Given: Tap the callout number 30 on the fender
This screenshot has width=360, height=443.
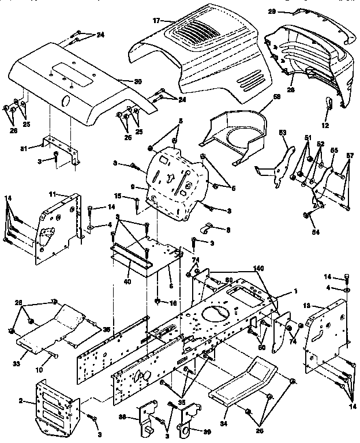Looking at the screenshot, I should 137,81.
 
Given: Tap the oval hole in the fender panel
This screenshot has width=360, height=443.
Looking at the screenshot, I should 64,102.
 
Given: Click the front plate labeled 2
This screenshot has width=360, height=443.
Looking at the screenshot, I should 57,407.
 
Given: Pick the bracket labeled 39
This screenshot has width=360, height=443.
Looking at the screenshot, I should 189,419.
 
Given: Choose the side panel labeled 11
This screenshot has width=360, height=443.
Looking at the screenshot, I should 57,225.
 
